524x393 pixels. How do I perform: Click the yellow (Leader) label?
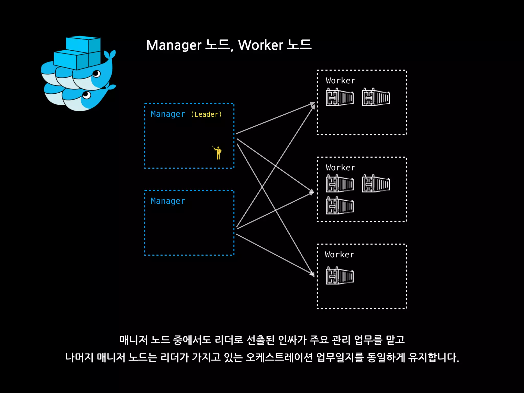(206, 114)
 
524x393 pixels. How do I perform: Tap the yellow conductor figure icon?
(218, 153)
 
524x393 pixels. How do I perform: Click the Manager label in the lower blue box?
(168, 201)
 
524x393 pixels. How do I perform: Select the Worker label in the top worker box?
(341, 81)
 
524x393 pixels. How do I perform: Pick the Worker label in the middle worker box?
(341, 168)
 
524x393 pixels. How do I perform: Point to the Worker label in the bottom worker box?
(340, 255)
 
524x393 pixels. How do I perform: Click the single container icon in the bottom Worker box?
(340, 276)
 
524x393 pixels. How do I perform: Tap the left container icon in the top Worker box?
(340, 97)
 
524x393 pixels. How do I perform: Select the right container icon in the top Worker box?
(376, 97)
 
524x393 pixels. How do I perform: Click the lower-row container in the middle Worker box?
(340, 205)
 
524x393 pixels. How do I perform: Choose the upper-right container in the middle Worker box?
(376, 184)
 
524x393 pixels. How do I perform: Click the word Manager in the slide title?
(174, 45)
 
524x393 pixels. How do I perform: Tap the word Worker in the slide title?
(260, 45)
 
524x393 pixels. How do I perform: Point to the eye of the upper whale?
(96, 74)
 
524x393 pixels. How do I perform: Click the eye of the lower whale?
(86, 95)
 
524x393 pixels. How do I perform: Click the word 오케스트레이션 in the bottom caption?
(279, 357)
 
